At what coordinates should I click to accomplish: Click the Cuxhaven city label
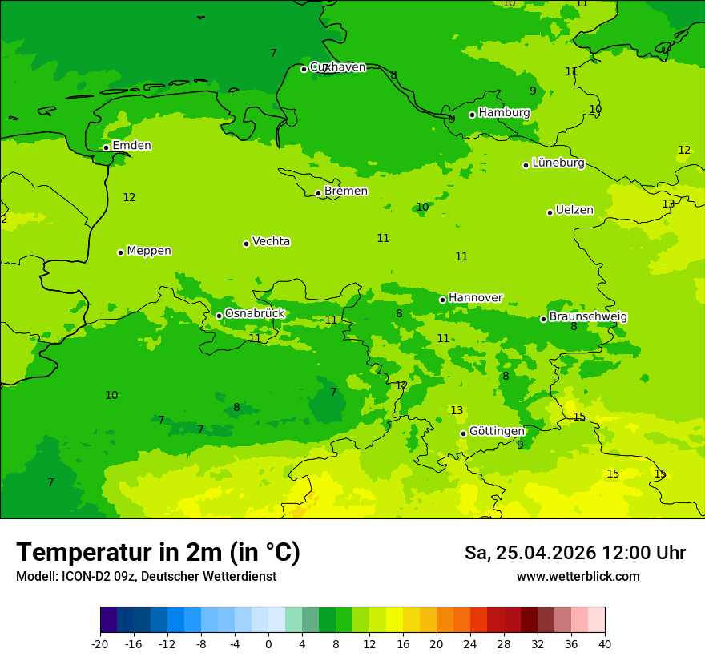click(x=337, y=67)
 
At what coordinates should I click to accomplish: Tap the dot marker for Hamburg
click(x=473, y=115)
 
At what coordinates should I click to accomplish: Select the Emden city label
click(x=131, y=146)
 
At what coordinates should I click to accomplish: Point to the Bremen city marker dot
click(x=318, y=193)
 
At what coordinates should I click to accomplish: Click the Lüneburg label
click(x=558, y=163)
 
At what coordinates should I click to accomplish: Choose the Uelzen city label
click(x=574, y=211)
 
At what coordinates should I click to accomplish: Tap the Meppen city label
click(x=149, y=252)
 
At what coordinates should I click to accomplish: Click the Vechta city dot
click(x=246, y=244)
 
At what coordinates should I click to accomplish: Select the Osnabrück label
click(x=255, y=314)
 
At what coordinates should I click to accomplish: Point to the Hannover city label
click(x=475, y=298)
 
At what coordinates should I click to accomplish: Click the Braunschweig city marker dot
click(x=543, y=319)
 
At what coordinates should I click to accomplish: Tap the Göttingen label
click(x=497, y=432)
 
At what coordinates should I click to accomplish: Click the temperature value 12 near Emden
click(x=129, y=198)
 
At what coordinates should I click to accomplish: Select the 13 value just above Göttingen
click(x=457, y=411)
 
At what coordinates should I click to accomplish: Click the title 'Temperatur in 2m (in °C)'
click(x=158, y=553)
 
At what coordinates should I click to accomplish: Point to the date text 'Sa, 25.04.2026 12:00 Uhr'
click(x=574, y=554)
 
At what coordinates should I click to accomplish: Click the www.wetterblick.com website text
click(x=578, y=577)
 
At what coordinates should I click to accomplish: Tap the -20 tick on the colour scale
click(x=100, y=644)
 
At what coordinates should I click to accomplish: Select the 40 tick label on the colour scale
click(x=605, y=644)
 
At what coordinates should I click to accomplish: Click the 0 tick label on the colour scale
click(x=268, y=644)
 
